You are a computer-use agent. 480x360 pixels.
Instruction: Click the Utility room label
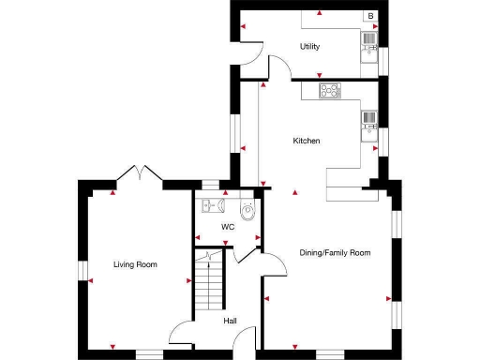point(309,46)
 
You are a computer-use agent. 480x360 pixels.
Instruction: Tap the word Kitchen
point(307,141)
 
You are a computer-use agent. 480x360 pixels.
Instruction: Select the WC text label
point(227,227)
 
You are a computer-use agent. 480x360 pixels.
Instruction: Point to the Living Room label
point(135,265)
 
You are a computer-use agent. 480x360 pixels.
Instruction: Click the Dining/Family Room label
point(335,253)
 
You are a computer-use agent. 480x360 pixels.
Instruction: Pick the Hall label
point(230,322)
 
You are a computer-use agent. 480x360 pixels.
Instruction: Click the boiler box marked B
point(370,16)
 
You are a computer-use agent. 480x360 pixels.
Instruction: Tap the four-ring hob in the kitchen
point(330,90)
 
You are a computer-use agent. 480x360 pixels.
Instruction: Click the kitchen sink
point(369,119)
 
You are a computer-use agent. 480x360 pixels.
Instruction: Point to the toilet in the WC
point(247,212)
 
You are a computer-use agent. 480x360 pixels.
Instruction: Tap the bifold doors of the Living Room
point(138,175)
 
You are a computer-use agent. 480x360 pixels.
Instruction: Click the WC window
point(210,186)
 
